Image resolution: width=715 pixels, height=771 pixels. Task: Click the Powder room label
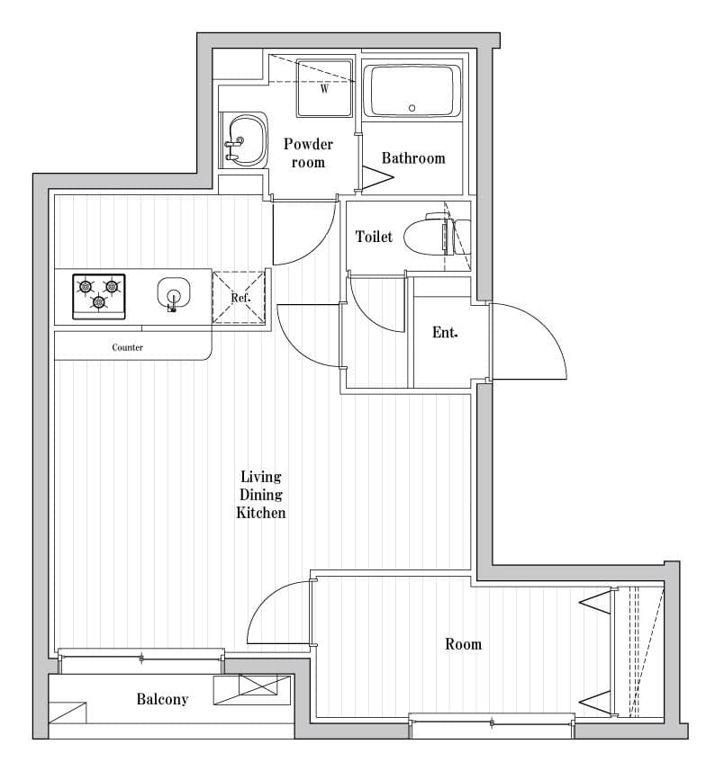(308, 153)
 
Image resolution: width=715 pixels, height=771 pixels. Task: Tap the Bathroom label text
(413, 157)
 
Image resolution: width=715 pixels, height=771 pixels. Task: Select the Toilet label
(374, 237)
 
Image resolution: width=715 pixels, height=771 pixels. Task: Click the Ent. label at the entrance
(445, 332)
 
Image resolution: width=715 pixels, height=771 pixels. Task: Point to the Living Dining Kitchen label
(261, 495)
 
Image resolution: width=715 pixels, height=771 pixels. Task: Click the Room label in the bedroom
(463, 644)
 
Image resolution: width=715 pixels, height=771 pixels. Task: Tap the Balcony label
(162, 699)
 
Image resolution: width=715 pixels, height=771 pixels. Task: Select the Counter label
(128, 347)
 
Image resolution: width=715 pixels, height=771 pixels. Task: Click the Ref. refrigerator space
(240, 297)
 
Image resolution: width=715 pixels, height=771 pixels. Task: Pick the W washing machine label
(324, 89)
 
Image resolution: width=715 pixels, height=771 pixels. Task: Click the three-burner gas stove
(99, 297)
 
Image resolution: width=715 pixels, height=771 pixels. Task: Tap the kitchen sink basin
(174, 293)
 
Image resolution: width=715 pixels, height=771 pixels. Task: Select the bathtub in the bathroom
(412, 91)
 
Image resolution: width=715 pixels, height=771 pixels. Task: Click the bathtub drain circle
(412, 108)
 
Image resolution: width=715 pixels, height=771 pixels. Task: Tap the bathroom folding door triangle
(377, 177)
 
